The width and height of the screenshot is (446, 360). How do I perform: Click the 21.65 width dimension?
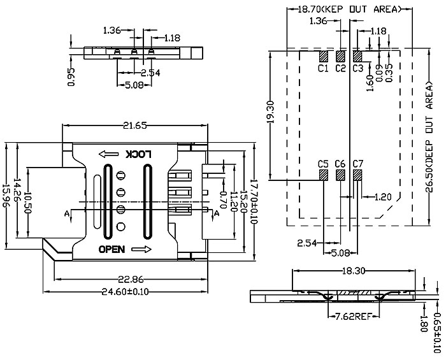tap(135, 126)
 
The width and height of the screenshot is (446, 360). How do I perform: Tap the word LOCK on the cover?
tap(139, 154)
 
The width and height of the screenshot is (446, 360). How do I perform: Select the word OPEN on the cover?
tap(111, 249)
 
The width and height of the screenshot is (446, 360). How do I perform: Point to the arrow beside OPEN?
tap(141, 249)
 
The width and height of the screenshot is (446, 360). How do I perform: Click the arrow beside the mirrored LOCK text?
tap(109, 154)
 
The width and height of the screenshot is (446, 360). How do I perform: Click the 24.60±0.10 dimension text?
tap(126, 292)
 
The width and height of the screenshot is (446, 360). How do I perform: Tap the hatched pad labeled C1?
tap(324, 56)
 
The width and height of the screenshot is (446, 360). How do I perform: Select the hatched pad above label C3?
tap(357, 56)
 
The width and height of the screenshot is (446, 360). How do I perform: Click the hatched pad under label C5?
tap(324, 175)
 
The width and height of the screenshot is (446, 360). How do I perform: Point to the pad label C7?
tap(358, 164)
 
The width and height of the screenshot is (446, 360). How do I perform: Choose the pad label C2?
tap(340, 68)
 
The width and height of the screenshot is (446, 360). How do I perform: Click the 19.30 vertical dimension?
tap(271, 112)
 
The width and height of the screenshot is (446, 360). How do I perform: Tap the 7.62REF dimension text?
tap(354, 316)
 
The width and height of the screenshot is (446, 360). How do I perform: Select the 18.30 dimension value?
tap(353, 271)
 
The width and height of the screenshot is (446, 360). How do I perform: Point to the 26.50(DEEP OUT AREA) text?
tap(429, 138)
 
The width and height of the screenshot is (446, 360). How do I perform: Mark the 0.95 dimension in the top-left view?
tap(71, 76)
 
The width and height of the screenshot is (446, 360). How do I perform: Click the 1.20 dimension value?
tap(383, 197)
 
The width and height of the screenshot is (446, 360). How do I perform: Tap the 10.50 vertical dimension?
tap(27, 203)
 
